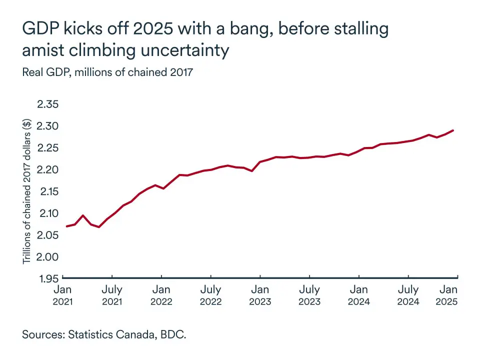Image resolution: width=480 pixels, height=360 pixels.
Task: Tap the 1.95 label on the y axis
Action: tap(48, 278)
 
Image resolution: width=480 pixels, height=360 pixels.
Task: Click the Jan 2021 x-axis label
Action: tap(62, 295)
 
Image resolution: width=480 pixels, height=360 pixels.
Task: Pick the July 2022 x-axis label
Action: tap(210, 295)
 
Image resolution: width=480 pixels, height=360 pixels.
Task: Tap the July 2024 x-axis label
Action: tap(408, 295)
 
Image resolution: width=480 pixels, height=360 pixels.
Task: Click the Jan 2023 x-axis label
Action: tap(260, 295)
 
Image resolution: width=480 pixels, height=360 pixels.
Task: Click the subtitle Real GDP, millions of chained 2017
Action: tap(107, 72)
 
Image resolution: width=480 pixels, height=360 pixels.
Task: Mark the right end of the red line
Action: tap(453, 130)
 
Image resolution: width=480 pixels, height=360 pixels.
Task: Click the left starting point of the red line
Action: tap(66, 226)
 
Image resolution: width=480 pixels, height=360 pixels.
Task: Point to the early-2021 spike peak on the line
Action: tap(83, 215)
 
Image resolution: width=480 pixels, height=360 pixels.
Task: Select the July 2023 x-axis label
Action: tap(309, 295)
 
